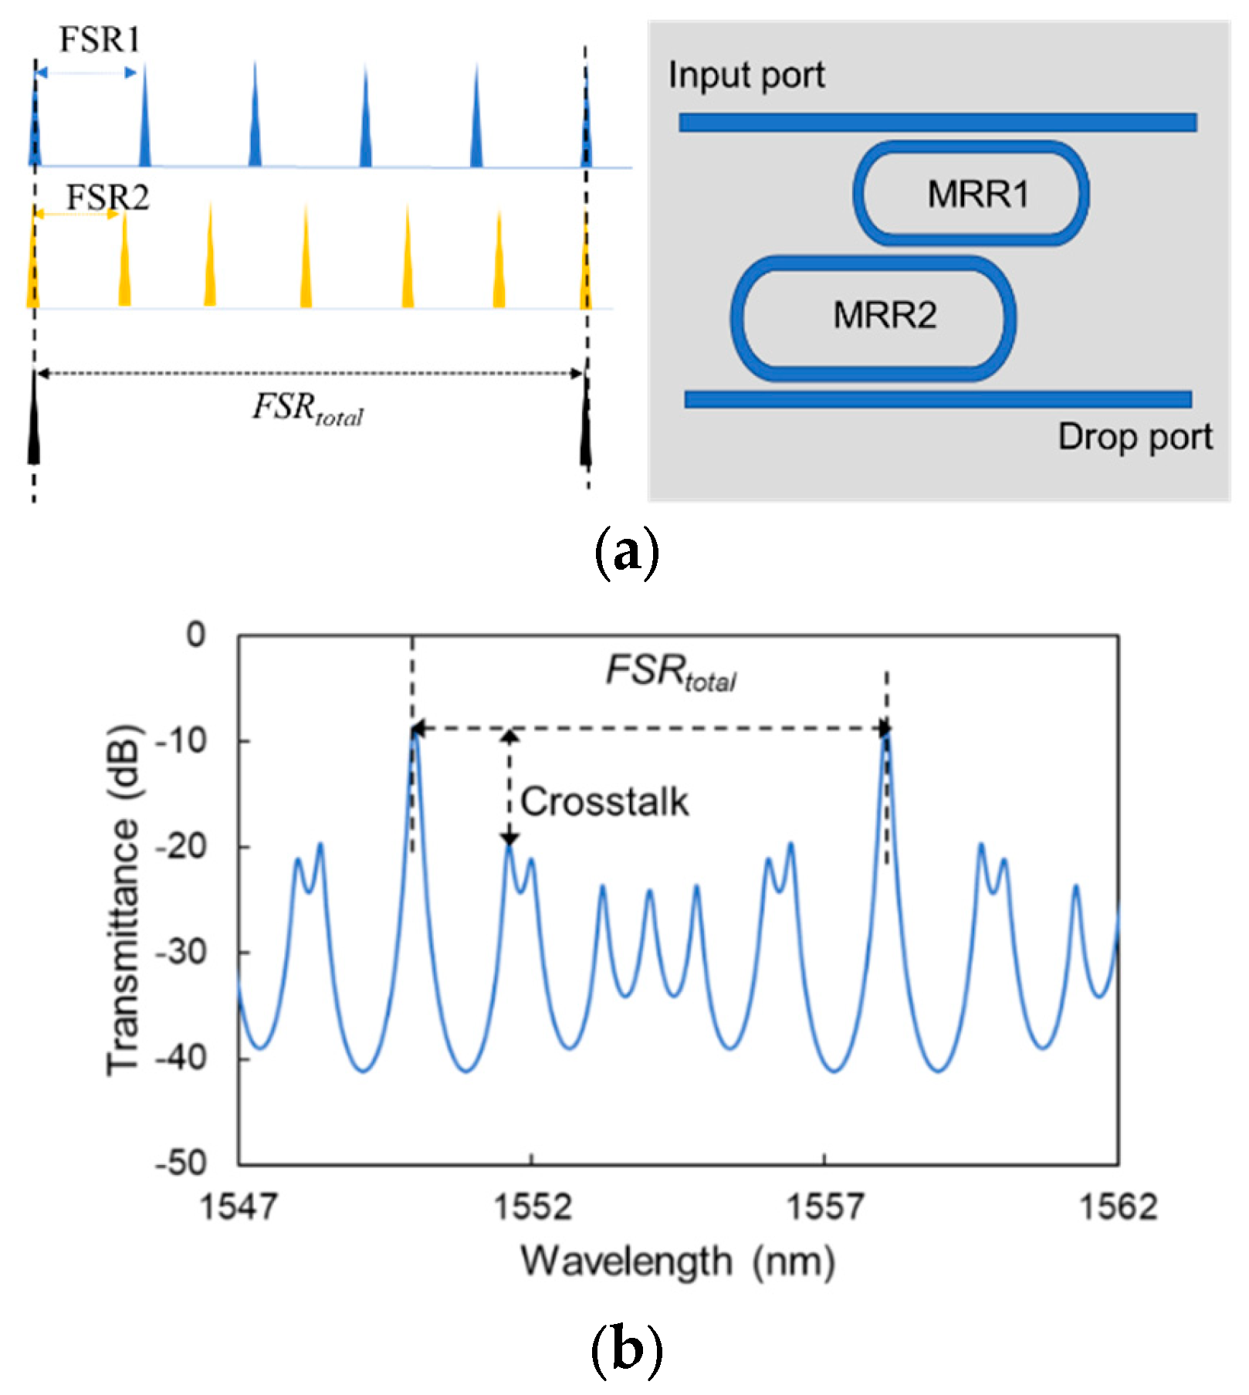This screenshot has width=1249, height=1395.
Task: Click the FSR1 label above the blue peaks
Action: [x=100, y=39]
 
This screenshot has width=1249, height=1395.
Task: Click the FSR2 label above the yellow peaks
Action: [x=107, y=198]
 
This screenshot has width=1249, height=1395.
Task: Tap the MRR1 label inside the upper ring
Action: [x=978, y=194]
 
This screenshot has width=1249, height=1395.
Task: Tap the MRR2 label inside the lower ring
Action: [x=885, y=315]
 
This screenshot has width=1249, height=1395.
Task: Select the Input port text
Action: [x=746, y=76]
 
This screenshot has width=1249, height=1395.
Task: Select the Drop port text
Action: [x=1135, y=437]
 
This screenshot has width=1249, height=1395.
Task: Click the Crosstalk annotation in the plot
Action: [x=604, y=801]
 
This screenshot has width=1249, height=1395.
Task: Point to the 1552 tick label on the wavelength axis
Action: [x=532, y=1206]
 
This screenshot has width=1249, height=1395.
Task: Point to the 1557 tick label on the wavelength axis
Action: [x=824, y=1206]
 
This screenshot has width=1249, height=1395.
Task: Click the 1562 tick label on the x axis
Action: [x=1119, y=1206]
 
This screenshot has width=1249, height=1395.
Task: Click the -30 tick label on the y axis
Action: [x=181, y=953]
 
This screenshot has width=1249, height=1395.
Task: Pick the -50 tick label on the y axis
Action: [x=181, y=1163]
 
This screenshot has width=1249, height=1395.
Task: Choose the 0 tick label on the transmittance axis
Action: [x=196, y=635]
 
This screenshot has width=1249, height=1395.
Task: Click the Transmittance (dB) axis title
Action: [x=124, y=899]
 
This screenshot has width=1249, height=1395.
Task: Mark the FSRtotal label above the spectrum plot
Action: [x=670, y=672]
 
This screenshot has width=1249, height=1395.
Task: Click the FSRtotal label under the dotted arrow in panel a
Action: [x=307, y=408]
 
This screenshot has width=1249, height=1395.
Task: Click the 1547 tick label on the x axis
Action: [x=239, y=1206]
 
